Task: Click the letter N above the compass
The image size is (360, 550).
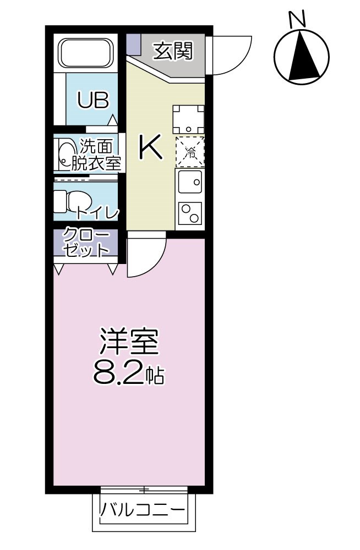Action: [x=297, y=19]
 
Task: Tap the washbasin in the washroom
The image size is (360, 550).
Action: [x=66, y=155]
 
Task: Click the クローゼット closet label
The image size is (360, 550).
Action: [x=85, y=243]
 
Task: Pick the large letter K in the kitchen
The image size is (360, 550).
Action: [x=150, y=147]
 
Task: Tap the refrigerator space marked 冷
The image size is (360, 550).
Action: [x=189, y=151]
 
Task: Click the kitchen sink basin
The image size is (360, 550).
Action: [x=189, y=180]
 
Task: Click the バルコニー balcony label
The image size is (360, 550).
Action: [x=142, y=510]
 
